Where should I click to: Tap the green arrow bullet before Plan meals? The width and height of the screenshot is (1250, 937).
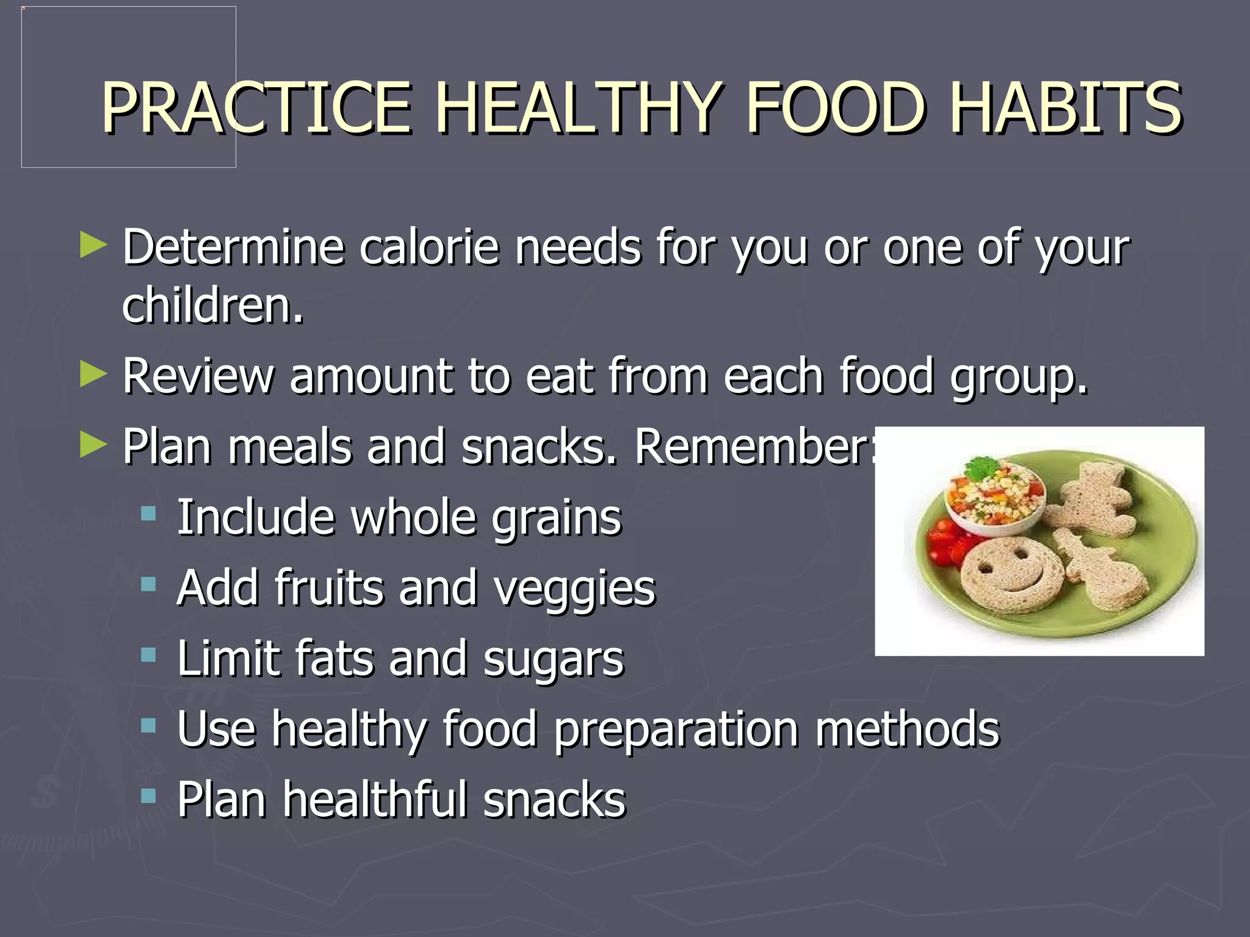click(x=93, y=445)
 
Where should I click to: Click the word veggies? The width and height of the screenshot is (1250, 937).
click(x=574, y=589)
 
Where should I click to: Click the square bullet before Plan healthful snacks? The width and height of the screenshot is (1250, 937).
click(x=148, y=796)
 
